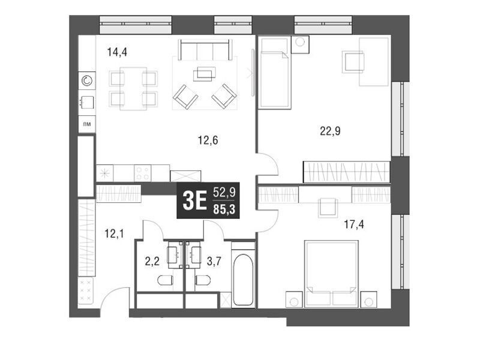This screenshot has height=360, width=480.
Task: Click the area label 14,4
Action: click(x=117, y=52)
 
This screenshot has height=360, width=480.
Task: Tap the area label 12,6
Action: click(x=208, y=140)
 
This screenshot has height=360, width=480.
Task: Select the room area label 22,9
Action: click(x=330, y=131)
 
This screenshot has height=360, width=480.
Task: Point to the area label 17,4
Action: click(x=354, y=224)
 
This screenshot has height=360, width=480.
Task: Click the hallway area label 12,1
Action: click(x=114, y=234)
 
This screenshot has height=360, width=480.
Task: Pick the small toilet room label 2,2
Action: click(x=152, y=262)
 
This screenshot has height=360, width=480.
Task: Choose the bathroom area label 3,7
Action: click(x=214, y=262)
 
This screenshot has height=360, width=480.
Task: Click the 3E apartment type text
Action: click(x=194, y=201)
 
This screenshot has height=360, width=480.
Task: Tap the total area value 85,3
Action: click(x=224, y=209)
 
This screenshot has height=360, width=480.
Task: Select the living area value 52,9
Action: click(x=224, y=193)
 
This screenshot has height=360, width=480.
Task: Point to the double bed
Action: click(x=331, y=274)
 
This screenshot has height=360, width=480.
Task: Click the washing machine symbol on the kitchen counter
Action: click(x=87, y=81)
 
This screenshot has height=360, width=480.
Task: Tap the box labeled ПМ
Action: click(x=87, y=124)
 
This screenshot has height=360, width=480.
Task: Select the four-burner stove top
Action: click(x=143, y=173)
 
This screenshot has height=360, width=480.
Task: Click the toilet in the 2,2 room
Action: click(x=166, y=280)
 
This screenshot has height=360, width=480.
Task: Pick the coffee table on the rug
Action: click(x=205, y=74)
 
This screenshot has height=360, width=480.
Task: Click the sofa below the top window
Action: click(x=205, y=50)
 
